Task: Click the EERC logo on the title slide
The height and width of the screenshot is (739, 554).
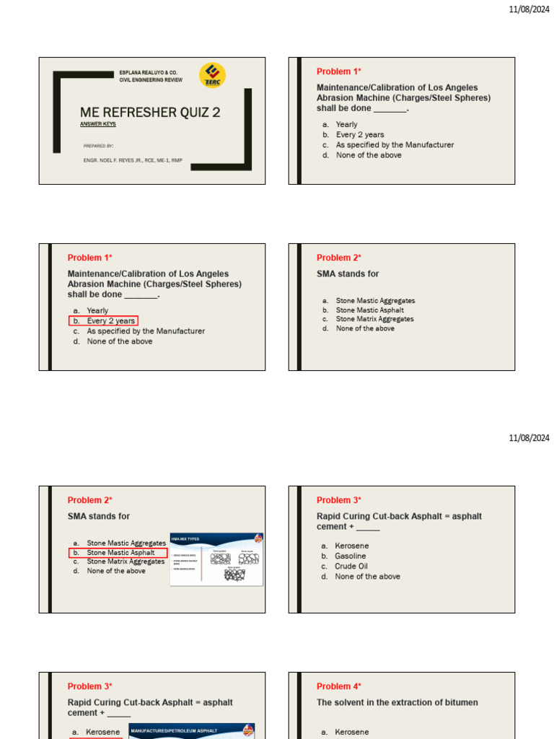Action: click(x=212, y=75)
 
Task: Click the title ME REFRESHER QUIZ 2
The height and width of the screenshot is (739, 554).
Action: click(x=150, y=113)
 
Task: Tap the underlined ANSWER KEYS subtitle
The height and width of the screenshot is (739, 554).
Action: click(x=97, y=124)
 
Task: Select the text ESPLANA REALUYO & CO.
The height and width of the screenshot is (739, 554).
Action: click(x=149, y=73)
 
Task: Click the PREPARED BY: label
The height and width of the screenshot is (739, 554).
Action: click(x=98, y=146)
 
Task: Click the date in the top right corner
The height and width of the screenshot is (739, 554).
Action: click(x=529, y=9)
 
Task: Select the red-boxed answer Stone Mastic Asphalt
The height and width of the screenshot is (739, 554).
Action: click(x=120, y=553)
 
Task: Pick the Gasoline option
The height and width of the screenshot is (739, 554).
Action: click(x=350, y=556)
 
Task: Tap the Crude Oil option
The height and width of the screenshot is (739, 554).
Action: click(x=351, y=567)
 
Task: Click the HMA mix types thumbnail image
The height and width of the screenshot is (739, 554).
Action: click(x=216, y=559)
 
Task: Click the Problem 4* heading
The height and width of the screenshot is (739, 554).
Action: click(x=339, y=686)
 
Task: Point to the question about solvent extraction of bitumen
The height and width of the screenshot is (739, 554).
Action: click(x=397, y=702)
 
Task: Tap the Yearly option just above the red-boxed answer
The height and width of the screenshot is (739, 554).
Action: click(x=97, y=311)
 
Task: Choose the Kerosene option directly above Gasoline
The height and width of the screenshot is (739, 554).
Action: click(x=351, y=546)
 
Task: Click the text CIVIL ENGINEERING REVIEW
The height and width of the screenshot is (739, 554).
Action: click(x=151, y=80)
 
